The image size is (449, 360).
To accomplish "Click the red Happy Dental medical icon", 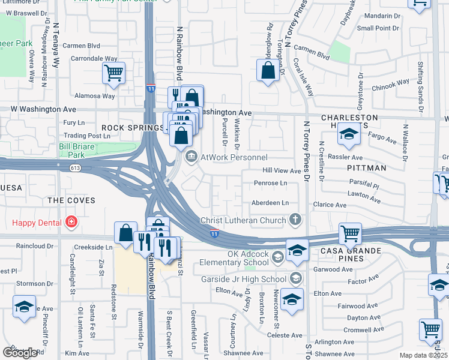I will [x=71, y=223].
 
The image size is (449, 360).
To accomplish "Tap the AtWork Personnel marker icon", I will [x=191, y=158].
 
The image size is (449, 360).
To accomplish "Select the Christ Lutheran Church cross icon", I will [x=295, y=220].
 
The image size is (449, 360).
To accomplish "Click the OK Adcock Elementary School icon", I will [x=277, y=257].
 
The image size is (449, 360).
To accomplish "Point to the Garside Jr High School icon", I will [x=295, y=278].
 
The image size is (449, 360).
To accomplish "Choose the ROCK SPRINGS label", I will [x=131, y=128].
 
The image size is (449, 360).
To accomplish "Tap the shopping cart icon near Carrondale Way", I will [x=113, y=73].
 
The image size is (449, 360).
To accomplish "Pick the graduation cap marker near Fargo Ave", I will [x=348, y=134].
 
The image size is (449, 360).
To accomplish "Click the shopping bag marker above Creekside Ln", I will [x=126, y=233].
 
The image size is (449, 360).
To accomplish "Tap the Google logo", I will [x=20, y=353].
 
